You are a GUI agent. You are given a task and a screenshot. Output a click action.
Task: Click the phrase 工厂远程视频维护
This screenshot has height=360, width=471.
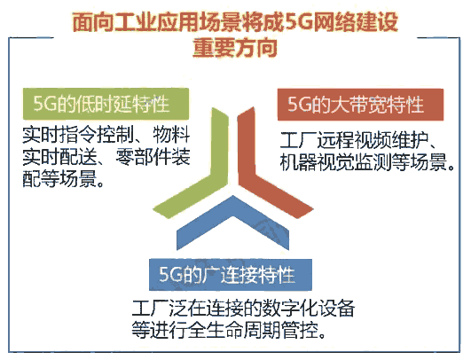pos(349,143)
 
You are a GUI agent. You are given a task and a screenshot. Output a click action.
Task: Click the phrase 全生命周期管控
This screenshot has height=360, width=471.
pos(266,333)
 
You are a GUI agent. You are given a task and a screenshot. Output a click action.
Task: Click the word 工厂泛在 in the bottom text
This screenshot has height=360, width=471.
pos(159,310)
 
